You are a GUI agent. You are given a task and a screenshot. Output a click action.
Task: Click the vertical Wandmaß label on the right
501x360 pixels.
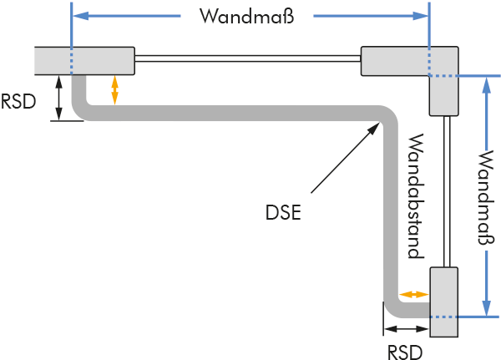point(484,197)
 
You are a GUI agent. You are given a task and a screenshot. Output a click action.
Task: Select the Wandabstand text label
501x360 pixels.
point(414,195)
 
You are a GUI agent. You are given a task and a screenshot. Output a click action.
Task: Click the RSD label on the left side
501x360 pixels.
point(18,101)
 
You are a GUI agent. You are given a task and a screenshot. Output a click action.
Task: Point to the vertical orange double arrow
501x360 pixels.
point(114,90)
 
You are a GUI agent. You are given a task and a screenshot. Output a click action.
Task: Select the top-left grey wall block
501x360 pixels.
point(84,60)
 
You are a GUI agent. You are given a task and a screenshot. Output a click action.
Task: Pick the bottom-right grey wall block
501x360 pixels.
point(443,302)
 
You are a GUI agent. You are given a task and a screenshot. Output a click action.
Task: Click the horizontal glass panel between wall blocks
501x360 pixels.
point(247,58)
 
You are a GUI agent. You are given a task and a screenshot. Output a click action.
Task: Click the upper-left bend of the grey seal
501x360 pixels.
point(83,107)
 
